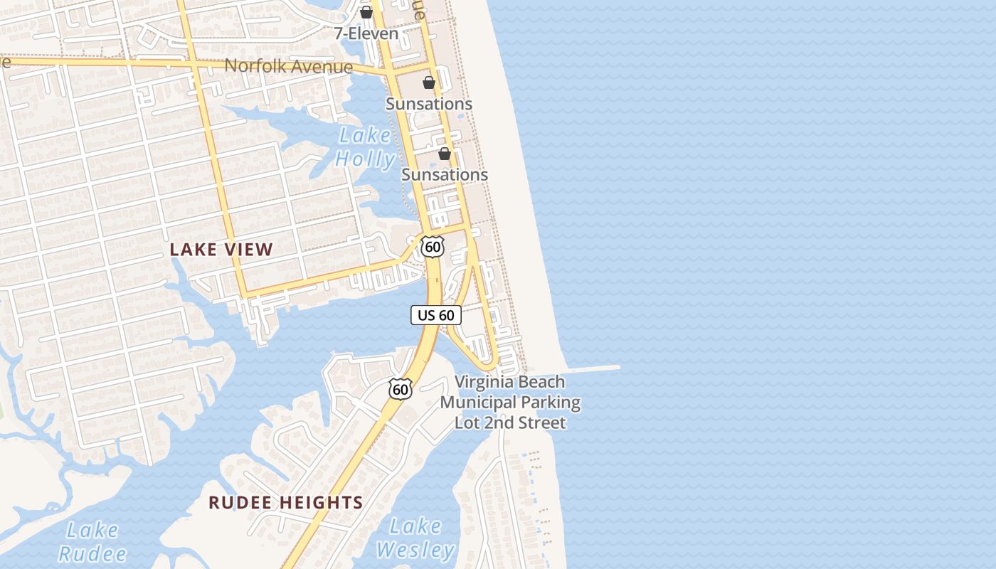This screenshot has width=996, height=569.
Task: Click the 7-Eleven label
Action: (x=366, y=33)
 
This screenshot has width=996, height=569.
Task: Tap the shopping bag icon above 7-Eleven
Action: (x=366, y=12)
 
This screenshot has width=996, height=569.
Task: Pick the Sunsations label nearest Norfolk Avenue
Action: (x=429, y=104)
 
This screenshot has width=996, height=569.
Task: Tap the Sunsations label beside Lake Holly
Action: (x=445, y=174)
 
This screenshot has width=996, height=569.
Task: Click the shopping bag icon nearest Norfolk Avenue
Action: (x=429, y=83)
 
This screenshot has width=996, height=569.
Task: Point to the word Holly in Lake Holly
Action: (x=365, y=159)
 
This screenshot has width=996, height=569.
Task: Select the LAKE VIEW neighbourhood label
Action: (x=221, y=250)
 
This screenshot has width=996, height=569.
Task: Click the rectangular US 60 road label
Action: (x=436, y=315)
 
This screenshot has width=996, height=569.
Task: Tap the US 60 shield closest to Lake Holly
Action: (x=432, y=247)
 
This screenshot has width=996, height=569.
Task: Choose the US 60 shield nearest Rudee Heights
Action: (x=401, y=389)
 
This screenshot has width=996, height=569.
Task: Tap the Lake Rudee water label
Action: (x=92, y=542)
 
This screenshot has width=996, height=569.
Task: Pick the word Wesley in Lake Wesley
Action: (x=415, y=550)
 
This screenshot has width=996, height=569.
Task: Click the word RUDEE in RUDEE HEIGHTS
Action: (x=240, y=503)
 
